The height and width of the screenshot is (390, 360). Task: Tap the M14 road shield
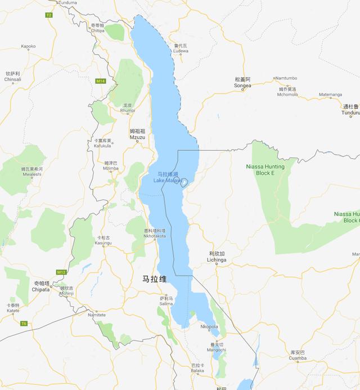pos(100,81)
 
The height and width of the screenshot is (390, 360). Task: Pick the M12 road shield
pos(61,272)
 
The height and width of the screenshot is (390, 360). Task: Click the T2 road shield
pos(48,14)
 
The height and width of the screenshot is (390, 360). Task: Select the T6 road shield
pos(24,323)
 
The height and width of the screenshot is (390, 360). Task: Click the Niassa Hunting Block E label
pos(265,170)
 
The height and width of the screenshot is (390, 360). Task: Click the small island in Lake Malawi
pos(184,181)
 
